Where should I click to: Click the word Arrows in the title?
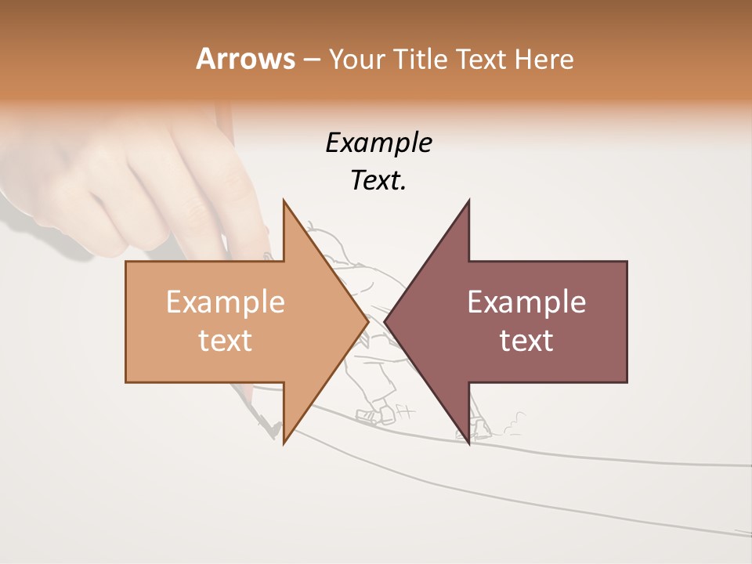[x=245, y=59]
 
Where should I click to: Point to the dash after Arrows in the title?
[x=311, y=60]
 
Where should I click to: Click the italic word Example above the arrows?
[x=378, y=143]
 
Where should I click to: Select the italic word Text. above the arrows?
[x=378, y=181]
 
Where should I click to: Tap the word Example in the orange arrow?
[x=226, y=302]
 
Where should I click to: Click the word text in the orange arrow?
[x=226, y=340]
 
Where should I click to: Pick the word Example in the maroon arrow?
[x=526, y=302]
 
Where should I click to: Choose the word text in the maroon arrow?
[x=526, y=340]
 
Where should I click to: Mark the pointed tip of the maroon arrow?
[x=385, y=321]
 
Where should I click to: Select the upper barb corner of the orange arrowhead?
[x=284, y=201]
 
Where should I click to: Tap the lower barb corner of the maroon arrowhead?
[x=469, y=443]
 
